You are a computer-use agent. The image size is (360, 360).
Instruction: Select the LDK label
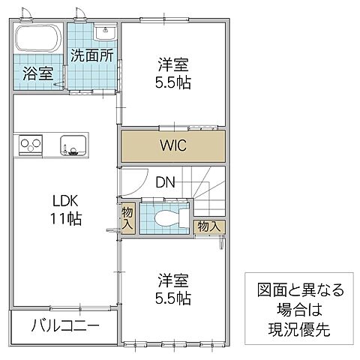pyautogui.click(x=65, y=201)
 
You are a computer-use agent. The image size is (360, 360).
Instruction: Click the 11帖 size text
pyautogui.click(x=66, y=219)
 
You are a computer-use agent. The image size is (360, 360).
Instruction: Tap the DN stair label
pyautogui.click(x=166, y=181)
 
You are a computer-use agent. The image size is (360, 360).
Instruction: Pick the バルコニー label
pyautogui.click(x=65, y=326)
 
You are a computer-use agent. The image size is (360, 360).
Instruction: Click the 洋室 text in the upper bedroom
pyautogui.click(x=173, y=64)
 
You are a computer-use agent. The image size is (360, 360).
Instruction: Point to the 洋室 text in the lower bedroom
pyautogui.click(x=173, y=280)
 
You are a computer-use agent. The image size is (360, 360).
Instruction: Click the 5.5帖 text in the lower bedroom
pyautogui.click(x=173, y=298)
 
